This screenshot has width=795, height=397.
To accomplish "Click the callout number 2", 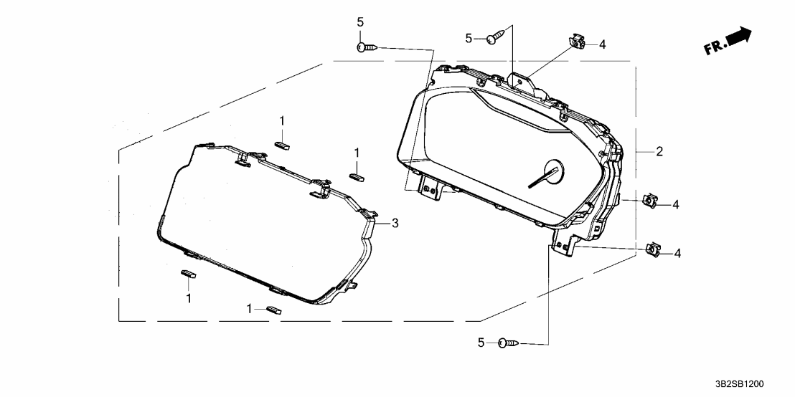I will [659, 151].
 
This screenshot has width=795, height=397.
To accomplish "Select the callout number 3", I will [395, 224].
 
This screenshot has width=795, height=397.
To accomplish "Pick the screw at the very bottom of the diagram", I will [509, 343].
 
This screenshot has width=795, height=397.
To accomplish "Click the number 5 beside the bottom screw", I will [482, 343].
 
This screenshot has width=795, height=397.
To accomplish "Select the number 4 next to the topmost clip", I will [602, 44].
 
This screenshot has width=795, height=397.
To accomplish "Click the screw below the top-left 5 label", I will [367, 47].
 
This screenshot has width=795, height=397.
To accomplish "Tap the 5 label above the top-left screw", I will [360, 22].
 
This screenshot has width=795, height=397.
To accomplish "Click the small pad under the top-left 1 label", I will [281, 142].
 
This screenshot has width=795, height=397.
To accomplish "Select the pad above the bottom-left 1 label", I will [187, 272].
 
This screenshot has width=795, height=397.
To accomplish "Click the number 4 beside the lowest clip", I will [677, 252].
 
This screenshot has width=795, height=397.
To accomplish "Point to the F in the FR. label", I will [708, 50].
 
